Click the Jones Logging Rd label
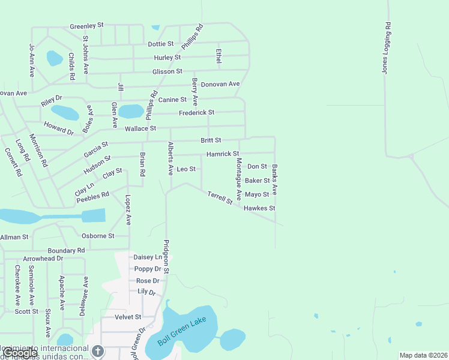click(x=387, y=48)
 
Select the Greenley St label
click(x=86, y=26)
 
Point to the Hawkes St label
click(x=259, y=208)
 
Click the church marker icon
click(x=97, y=351)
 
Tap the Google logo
click(x=20, y=353)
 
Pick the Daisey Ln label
click(x=148, y=257)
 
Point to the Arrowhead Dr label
click(x=43, y=259)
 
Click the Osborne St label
click(x=98, y=236)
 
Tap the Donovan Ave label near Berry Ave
click(x=220, y=84)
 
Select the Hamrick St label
click(x=223, y=154)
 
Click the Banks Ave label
click(x=274, y=179)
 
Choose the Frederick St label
click(x=196, y=112)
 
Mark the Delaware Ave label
click(x=85, y=296)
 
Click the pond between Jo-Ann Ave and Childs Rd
click(x=55, y=58)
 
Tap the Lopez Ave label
click(x=128, y=209)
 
